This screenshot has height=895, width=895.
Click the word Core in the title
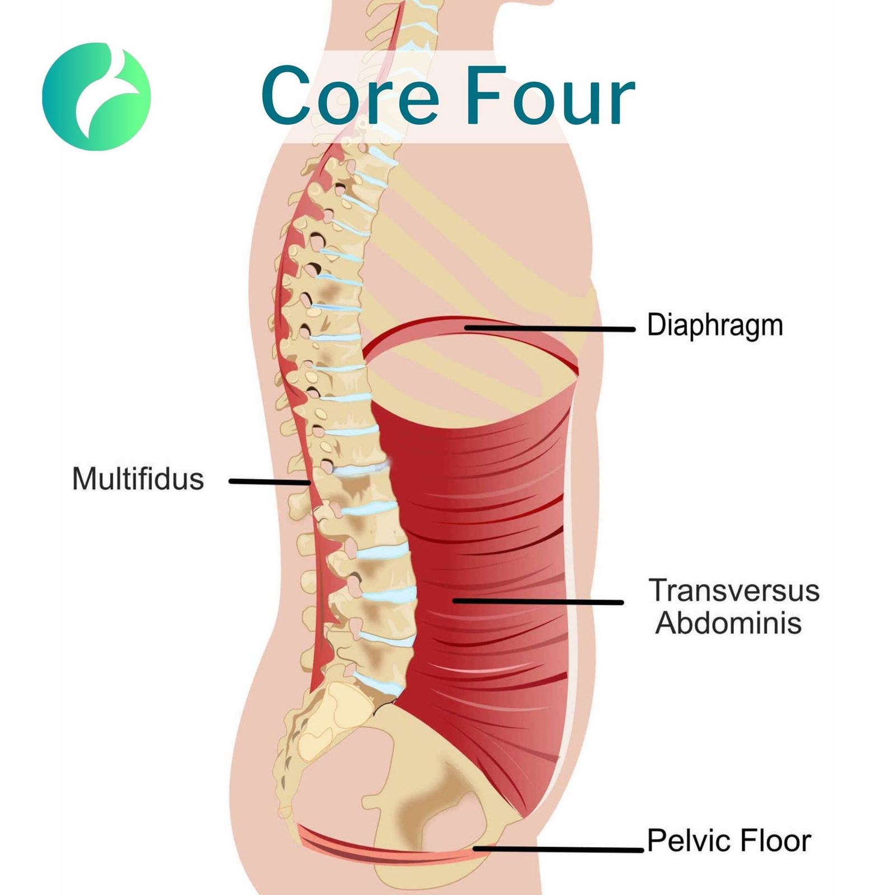pyautogui.click(x=350, y=96)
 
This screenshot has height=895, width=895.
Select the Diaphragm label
pyautogui.click(x=714, y=326)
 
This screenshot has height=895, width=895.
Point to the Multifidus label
pyautogui.click(x=138, y=480)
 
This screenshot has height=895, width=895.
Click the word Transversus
pyautogui.click(x=734, y=591)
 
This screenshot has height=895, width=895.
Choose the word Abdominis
pyautogui.click(x=728, y=623)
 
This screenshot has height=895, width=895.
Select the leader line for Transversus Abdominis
pyautogui.click(x=537, y=602)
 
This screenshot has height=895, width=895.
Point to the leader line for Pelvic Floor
pyautogui.click(x=559, y=849)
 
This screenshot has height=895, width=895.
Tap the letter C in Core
pyautogui.click(x=286, y=96)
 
